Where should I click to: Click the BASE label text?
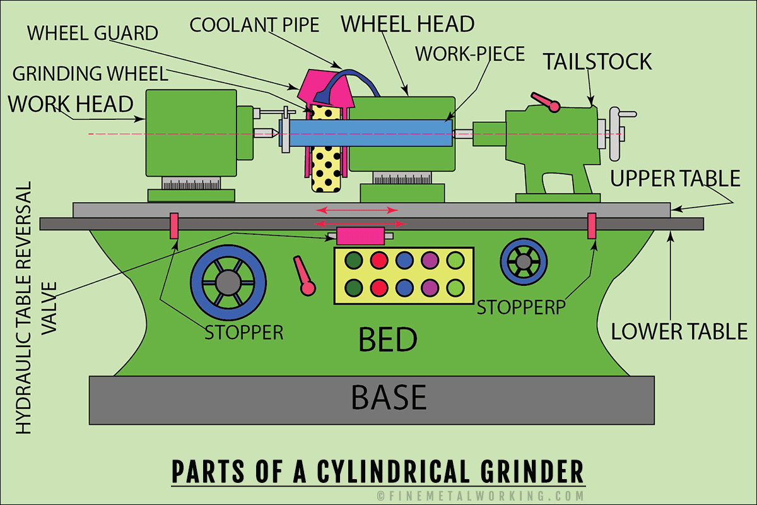click(389, 398)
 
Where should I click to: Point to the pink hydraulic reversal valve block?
click(361, 236)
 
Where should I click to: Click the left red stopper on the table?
click(174, 226)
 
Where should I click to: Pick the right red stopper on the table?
click(592, 226)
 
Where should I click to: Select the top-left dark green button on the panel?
click(354, 259)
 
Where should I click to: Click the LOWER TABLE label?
click(679, 331)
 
